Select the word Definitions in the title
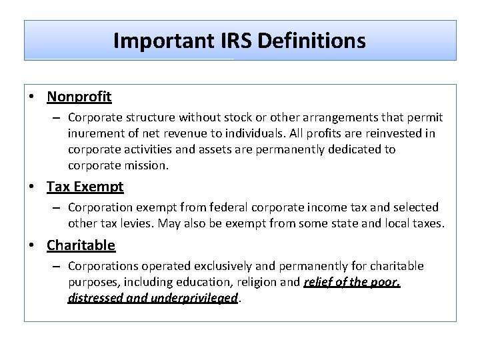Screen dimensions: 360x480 311,41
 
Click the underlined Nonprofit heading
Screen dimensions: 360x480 79,97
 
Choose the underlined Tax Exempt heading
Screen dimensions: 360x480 85,187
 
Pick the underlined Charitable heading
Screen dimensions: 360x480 81,245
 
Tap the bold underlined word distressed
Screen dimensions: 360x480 94,298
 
